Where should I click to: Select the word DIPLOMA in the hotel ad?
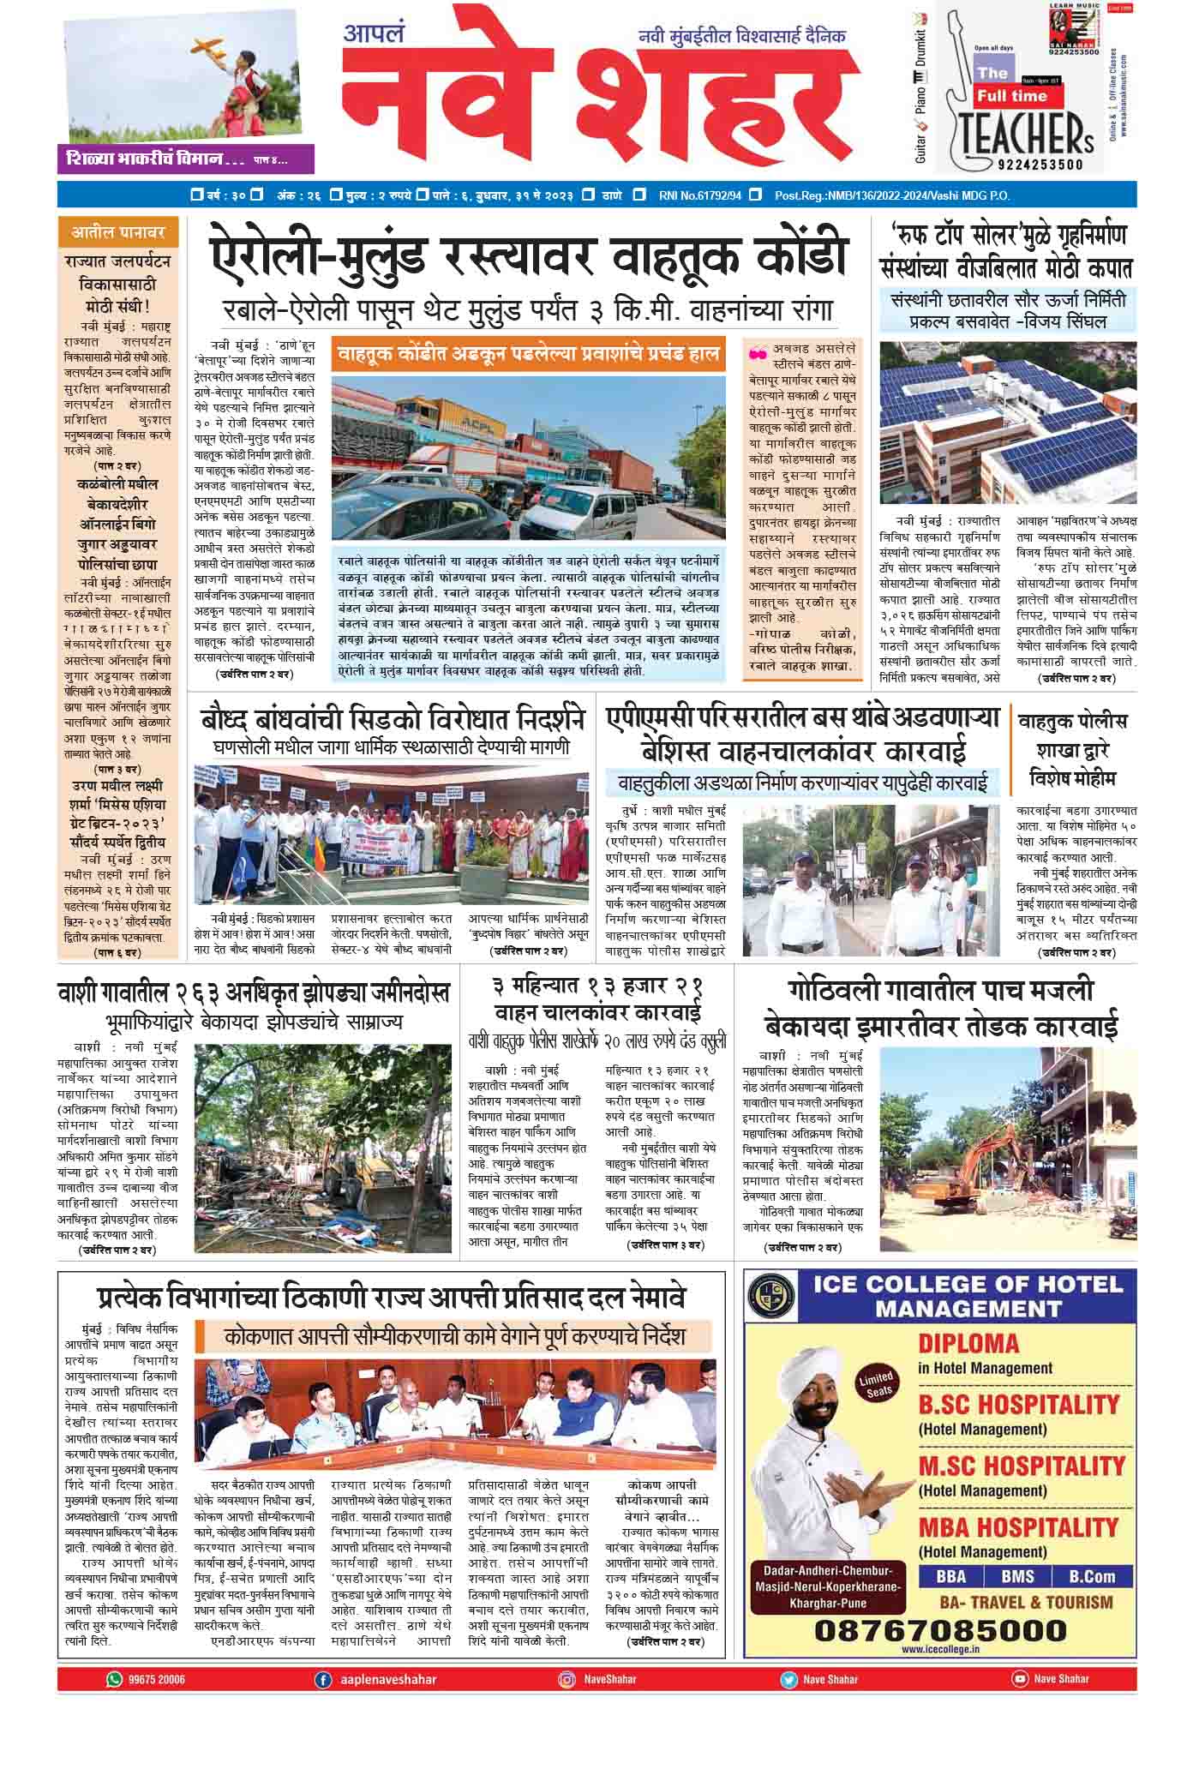point(968,1343)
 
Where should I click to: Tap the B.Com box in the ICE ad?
point(1092,1576)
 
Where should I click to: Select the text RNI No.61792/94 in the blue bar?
point(700,195)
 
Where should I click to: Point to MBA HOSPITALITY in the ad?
point(1018,1527)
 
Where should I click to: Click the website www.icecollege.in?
point(940,1648)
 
